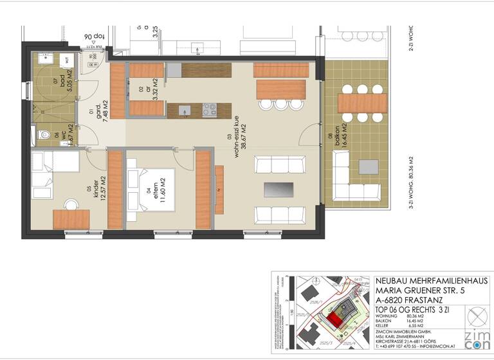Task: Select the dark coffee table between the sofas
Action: coord(279,190)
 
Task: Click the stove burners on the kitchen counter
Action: coord(210,109)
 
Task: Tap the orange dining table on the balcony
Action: coord(362,103)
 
